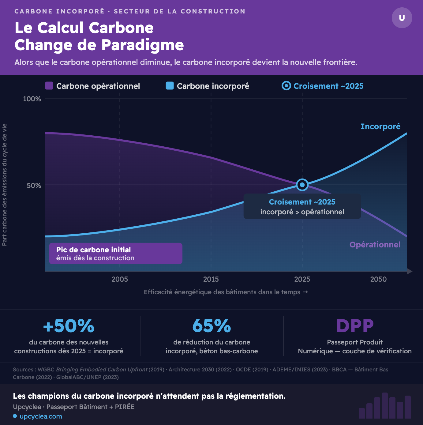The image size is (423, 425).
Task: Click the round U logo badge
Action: pyautogui.click(x=402, y=18)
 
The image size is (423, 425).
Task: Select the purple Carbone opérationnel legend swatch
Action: pyautogui.click(x=49, y=86)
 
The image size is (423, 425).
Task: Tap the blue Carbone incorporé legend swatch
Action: pyautogui.click(x=170, y=86)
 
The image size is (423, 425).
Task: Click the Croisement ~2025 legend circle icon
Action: pyautogui.click(x=286, y=86)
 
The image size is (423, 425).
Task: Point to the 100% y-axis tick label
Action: pyautogui.click(x=32, y=99)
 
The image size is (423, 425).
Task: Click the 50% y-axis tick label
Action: pyautogui.click(x=34, y=186)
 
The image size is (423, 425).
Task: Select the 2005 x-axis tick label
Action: pyautogui.click(x=120, y=279)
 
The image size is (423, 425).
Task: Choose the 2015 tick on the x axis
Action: pyautogui.click(x=211, y=279)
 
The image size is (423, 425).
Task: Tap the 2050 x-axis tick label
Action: pyautogui.click(x=378, y=279)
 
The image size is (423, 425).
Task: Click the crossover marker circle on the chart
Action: pyautogui.click(x=302, y=185)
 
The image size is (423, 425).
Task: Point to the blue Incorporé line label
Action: pyautogui.click(x=380, y=126)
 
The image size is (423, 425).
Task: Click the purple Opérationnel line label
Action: pyautogui.click(x=375, y=245)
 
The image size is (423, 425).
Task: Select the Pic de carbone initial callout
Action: pyautogui.click(x=116, y=254)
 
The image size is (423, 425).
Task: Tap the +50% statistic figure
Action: pyautogui.click(x=69, y=326)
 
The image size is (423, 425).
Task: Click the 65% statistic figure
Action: pyautogui.click(x=211, y=326)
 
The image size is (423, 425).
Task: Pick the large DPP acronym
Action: pyautogui.click(x=355, y=326)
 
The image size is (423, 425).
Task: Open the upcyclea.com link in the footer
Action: pyautogui.click(x=41, y=416)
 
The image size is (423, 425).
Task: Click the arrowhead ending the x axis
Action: pyautogui.click(x=409, y=271)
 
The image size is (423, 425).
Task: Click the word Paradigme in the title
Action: pyautogui.click(x=143, y=45)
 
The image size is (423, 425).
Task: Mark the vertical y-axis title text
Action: pyautogui.click(x=5, y=185)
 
